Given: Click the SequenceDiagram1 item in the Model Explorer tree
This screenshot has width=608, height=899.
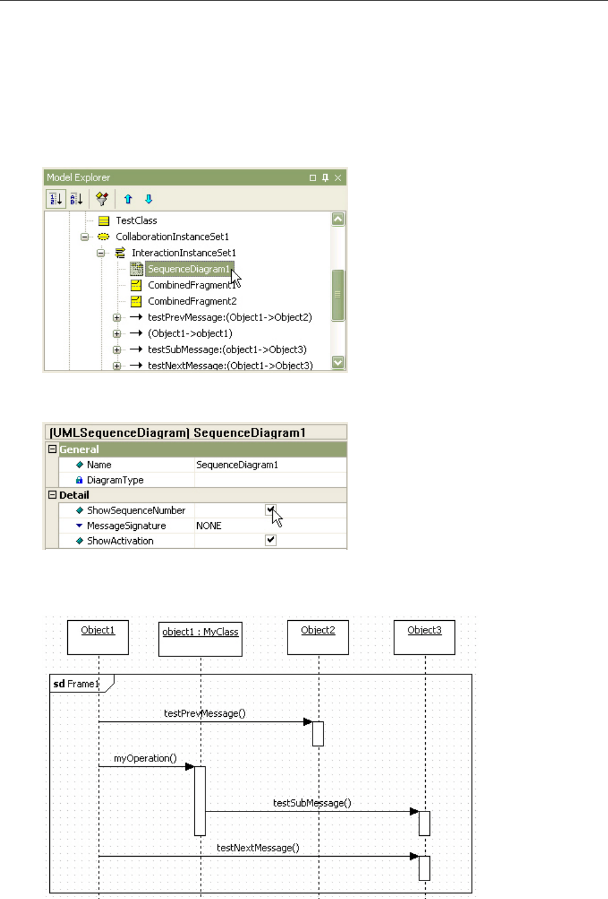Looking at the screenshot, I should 188,269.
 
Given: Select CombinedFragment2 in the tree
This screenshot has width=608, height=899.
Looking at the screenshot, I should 192,301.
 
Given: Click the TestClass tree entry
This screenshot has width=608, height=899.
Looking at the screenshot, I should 136,220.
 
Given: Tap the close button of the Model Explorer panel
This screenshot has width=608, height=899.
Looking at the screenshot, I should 338,178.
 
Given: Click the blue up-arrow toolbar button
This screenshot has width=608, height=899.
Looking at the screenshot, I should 128,199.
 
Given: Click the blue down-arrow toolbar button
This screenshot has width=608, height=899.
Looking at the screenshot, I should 149,199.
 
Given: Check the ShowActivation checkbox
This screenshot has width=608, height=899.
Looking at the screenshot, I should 271,540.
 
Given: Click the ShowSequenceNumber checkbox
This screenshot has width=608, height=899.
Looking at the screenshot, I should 271,510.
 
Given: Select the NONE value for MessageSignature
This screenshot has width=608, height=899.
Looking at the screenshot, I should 209,525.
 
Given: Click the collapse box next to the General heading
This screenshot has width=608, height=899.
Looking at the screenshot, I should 52,449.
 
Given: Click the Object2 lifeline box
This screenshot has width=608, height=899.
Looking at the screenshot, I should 318,637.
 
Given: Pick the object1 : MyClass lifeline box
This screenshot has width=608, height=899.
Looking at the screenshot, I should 200,639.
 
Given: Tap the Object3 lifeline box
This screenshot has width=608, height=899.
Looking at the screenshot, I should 425,637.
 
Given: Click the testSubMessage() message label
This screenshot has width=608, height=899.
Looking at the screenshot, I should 312,803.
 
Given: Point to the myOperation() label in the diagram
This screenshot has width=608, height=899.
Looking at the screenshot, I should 145,758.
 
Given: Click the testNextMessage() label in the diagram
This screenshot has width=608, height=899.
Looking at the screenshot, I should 258,848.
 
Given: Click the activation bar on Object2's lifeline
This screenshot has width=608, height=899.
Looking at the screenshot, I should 318,733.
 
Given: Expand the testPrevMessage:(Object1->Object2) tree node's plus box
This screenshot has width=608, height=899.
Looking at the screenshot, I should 117,318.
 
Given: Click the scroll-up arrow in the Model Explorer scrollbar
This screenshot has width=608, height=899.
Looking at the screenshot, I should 338,219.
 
